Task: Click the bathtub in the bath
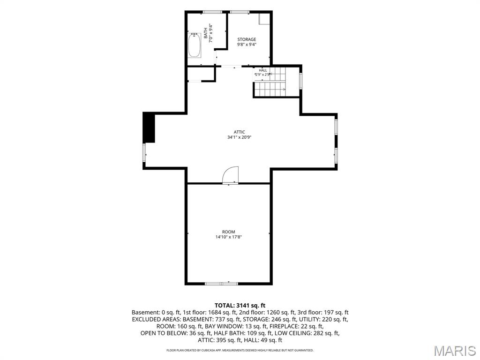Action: pos(195,45)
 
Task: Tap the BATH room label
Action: pos(206,33)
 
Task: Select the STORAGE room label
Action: pos(247,39)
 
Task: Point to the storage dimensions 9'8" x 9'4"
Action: pos(247,45)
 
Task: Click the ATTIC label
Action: pos(240,132)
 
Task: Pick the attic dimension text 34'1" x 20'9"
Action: pos(240,137)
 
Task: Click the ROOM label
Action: pos(229,232)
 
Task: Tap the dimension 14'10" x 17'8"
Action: pos(229,237)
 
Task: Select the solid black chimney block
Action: pos(149,127)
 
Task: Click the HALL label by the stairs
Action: pos(263,70)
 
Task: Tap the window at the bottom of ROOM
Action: pos(221,284)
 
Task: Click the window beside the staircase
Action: pos(301,81)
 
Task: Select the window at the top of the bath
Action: pos(212,12)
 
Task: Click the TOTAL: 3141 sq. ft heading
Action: pos(240,305)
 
